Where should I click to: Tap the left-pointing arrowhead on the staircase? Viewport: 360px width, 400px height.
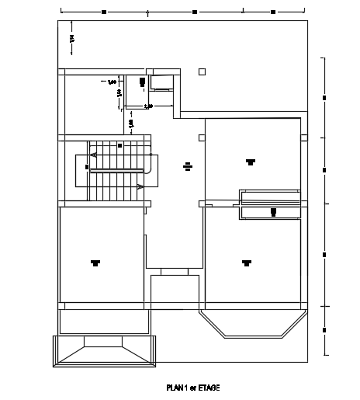[x=93, y=155]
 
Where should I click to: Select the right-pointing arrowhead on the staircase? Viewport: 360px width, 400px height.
[x=140, y=186]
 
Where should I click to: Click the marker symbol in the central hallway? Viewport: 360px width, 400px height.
[x=188, y=165]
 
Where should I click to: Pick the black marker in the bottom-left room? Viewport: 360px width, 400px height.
[x=95, y=262]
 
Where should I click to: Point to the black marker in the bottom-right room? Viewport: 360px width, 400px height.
[x=246, y=262]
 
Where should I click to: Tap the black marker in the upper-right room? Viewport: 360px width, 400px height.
[x=250, y=162]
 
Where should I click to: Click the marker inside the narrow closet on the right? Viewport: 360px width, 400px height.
[x=273, y=211]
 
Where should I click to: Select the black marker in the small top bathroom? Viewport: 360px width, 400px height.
[x=142, y=81]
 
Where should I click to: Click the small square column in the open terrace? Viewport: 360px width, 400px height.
[x=202, y=71]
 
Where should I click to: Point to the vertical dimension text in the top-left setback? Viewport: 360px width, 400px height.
[x=71, y=38]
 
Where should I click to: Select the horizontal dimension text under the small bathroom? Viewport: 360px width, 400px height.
[x=147, y=106]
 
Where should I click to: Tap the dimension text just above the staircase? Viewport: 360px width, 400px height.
[x=131, y=123]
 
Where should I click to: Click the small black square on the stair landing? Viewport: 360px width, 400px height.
[x=119, y=145]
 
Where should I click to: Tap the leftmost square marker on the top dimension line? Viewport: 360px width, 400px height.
[x=103, y=12]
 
